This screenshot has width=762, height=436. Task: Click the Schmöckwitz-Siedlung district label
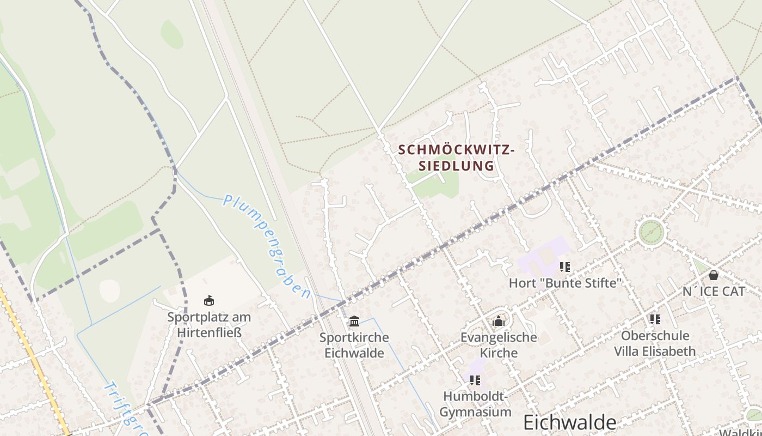[x=456, y=158]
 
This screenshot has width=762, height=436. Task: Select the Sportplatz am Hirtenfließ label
[x=209, y=324]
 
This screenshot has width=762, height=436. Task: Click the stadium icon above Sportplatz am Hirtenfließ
[x=209, y=300]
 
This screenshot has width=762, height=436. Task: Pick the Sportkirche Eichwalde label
[x=354, y=345]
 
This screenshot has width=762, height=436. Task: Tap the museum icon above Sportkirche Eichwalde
[x=354, y=320]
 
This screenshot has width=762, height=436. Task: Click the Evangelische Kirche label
[x=499, y=345]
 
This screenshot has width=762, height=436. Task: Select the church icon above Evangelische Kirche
[x=499, y=322]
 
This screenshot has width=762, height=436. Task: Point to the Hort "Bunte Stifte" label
[x=565, y=283]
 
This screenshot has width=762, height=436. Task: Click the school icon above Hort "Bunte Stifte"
[x=565, y=267]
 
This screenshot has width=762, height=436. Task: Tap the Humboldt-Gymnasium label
[x=476, y=404]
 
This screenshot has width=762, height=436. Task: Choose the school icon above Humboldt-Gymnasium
[x=475, y=380]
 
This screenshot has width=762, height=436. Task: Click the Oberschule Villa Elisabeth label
[x=655, y=343]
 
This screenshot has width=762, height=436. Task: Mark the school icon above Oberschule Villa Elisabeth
[x=655, y=319]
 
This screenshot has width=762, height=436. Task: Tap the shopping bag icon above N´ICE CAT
[x=714, y=275]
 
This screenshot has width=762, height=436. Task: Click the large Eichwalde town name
[x=570, y=422]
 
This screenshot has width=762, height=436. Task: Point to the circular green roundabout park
[x=652, y=233]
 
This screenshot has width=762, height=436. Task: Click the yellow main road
[x=33, y=360]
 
